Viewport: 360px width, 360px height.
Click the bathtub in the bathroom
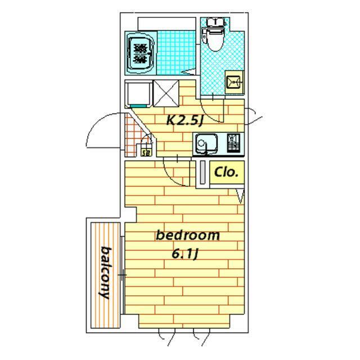point(141,53)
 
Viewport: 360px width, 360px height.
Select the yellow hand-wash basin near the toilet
point(234,82)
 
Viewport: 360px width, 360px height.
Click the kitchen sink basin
point(206,143)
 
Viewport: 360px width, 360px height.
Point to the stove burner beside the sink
point(233,143)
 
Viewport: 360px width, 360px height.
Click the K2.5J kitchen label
point(184,120)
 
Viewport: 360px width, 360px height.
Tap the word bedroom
point(187,235)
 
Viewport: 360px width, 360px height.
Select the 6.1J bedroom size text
point(185,254)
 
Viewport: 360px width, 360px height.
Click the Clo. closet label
point(226,172)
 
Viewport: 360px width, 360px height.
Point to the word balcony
point(105,273)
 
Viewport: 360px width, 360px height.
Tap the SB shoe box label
point(146,152)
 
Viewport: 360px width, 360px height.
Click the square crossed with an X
point(166,93)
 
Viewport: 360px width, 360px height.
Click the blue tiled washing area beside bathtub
point(176,53)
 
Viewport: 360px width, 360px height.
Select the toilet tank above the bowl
point(215,22)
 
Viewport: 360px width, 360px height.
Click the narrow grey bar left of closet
point(202,172)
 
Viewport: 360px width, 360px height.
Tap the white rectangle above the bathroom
point(166,24)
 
